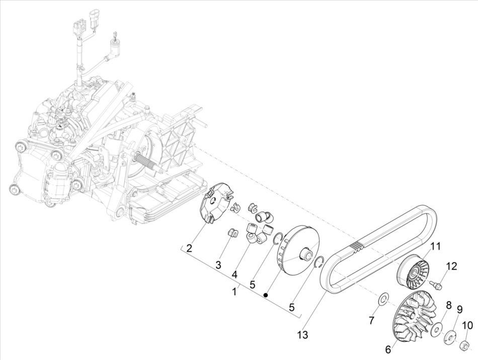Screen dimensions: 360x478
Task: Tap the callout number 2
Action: click(189, 248)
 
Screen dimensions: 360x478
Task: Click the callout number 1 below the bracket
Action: click(234, 291)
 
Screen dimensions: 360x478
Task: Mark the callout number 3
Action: click(218, 264)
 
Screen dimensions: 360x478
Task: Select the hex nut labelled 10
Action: click(465, 345)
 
